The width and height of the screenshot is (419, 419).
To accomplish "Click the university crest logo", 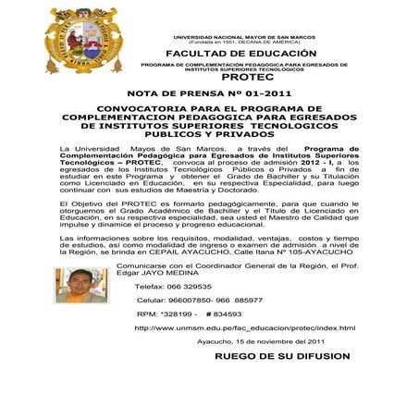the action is [84, 41].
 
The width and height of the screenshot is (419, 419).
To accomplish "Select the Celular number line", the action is [199, 301].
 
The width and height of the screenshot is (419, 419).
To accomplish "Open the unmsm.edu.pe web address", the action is [245, 328].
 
